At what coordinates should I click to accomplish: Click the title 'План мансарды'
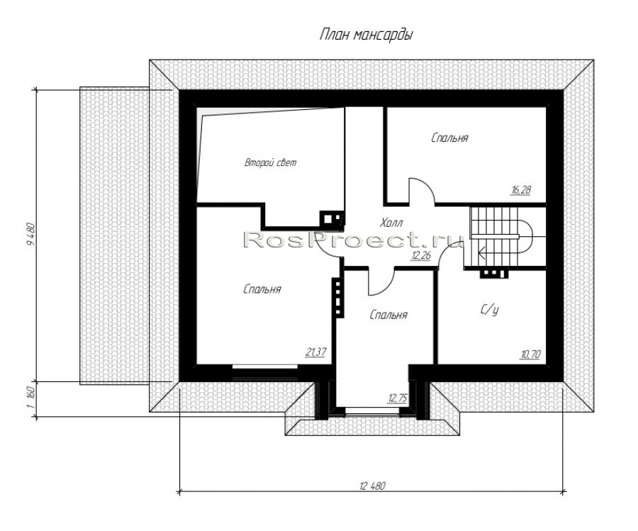(x=366, y=35)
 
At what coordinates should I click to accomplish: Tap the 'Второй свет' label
(x=270, y=162)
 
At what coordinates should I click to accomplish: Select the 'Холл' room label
(x=391, y=223)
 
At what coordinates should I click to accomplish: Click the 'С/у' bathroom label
(x=489, y=310)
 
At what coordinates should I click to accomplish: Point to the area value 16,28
(x=521, y=189)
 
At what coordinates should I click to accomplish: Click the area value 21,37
(x=315, y=352)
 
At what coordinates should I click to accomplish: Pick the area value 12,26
(x=421, y=255)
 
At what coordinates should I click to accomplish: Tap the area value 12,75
(x=398, y=398)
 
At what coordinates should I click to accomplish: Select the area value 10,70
(x=530, y=354)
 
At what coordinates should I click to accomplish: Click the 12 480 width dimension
(x=372, y=486)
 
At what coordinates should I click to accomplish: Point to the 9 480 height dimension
(x=30, y=235)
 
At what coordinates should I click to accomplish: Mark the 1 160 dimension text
(x=30, y=400)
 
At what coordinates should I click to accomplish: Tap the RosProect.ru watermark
(x=353, y=240)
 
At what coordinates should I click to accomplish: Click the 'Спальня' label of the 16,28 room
(x=449, y=138)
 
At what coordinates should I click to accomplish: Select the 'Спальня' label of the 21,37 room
(x=262, y=289)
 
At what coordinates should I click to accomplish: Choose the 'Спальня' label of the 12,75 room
(x=388, y=315)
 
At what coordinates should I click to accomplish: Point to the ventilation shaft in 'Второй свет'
(x=331, y=218)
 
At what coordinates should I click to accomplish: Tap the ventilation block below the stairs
(x=493, y=274)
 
